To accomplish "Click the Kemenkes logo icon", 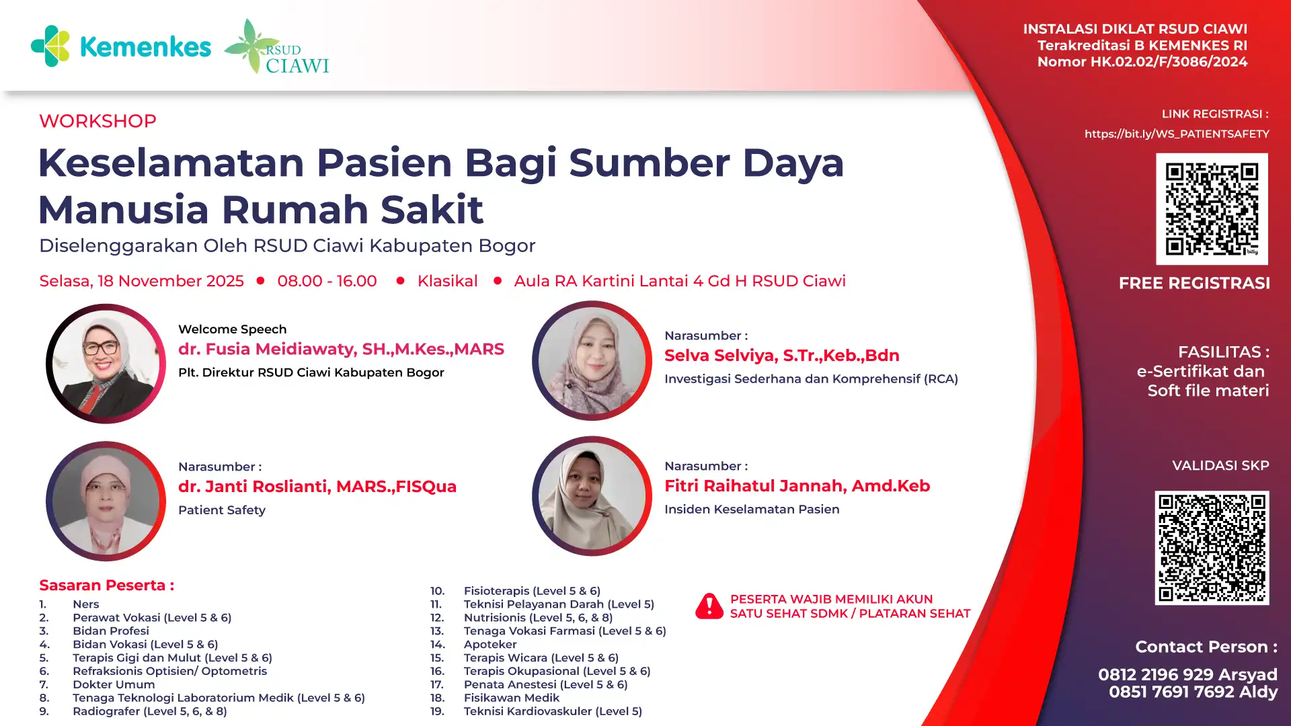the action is [x=50, y=46].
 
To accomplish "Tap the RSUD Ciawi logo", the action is [x=276, y=46].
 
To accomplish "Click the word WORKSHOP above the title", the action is [x=97, y=121].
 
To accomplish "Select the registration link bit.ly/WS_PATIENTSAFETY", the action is [x=1177, y=134].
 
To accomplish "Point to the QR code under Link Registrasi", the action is [x=1212, y=209].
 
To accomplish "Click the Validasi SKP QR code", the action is [x=1212, y=548].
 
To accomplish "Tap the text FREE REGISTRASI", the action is [x=1194, y=283].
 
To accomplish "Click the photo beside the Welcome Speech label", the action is [x=106, y=364].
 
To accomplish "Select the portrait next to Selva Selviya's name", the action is [x=592, y=361].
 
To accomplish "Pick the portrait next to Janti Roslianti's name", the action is [x=106, y=501].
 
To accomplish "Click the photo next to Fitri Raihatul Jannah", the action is [x=592, y=496].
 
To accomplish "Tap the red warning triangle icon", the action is [x=709, y=606].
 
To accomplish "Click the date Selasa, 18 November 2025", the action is [x=141, y=281].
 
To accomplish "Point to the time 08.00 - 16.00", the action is [x=327, y=281].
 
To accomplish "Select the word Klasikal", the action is [x=447, y=281].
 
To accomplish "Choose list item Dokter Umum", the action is [x=114, y=684].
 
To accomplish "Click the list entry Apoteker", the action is [x=490, y=644].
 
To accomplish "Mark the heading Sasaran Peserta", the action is [x=106, y=585].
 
